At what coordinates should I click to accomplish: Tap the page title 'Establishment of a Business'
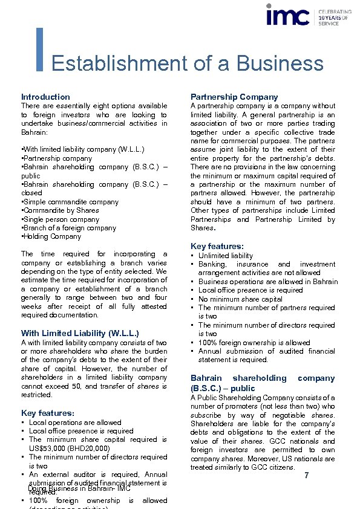click(188, 63)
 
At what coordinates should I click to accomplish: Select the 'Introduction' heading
click(45, 97)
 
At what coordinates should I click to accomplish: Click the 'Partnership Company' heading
click(234, 97)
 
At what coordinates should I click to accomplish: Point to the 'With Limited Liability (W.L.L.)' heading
click(80, 333)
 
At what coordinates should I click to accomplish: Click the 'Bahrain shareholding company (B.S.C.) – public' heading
click(263, 383)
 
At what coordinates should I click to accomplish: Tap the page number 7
click(307, 476)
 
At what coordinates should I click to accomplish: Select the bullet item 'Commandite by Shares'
click(61, 210)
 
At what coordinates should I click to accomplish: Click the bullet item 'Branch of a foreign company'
click(70, 228)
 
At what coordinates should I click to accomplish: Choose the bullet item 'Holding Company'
click(52, 236)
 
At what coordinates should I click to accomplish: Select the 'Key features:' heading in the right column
click(217, 247)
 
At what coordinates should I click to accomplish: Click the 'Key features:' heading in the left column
click(48, 413)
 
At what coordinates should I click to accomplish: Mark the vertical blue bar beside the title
click(40, 49)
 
